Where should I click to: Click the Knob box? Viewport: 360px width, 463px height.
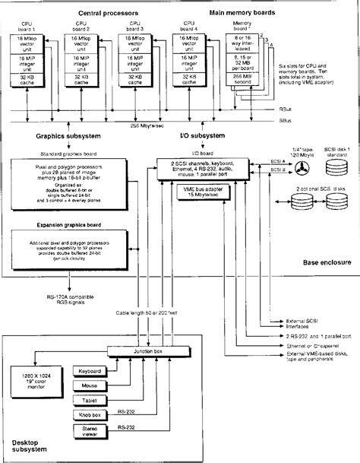[95, 417]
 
